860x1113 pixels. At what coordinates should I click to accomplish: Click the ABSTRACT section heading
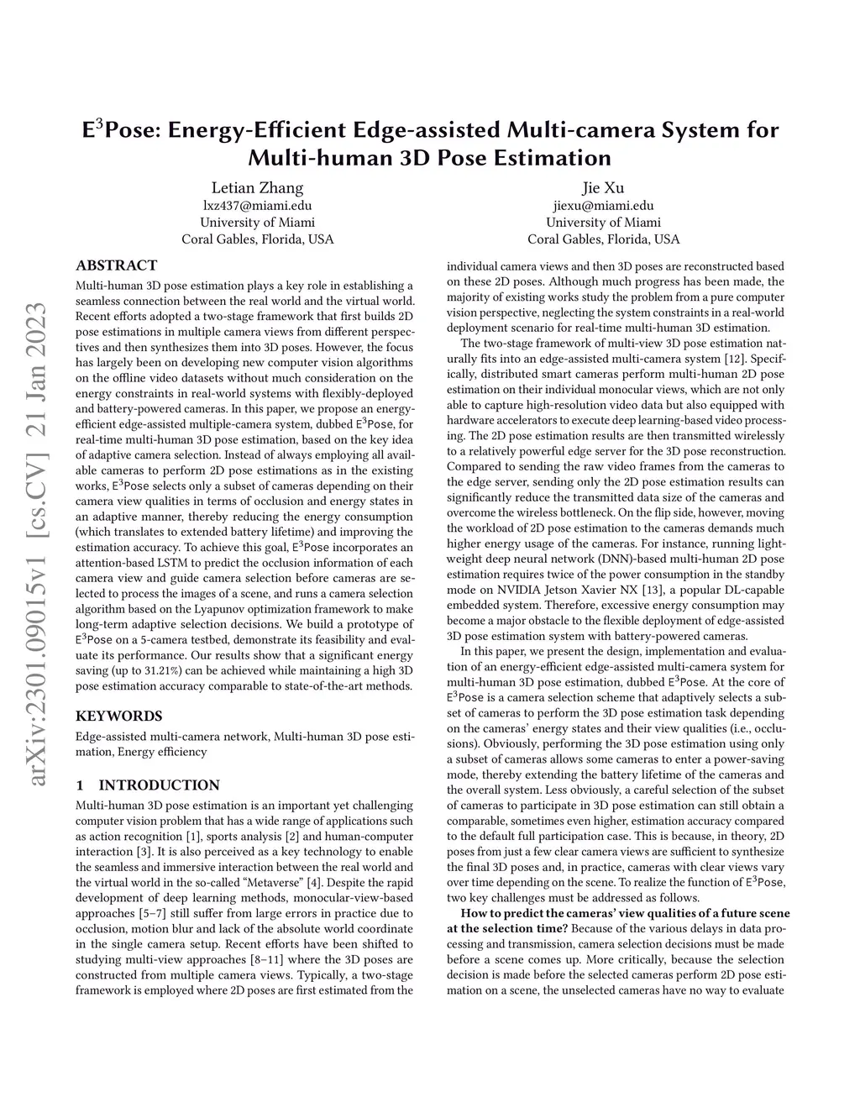pos(117,265)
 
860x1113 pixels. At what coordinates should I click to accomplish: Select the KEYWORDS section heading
pos(119,716)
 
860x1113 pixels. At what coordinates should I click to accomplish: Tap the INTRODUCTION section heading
pos(159,785)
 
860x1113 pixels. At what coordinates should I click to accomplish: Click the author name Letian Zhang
pos(257,187)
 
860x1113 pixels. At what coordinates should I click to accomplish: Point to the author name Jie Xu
pos(603,187)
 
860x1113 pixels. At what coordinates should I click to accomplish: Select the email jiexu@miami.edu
pos(603,206)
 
